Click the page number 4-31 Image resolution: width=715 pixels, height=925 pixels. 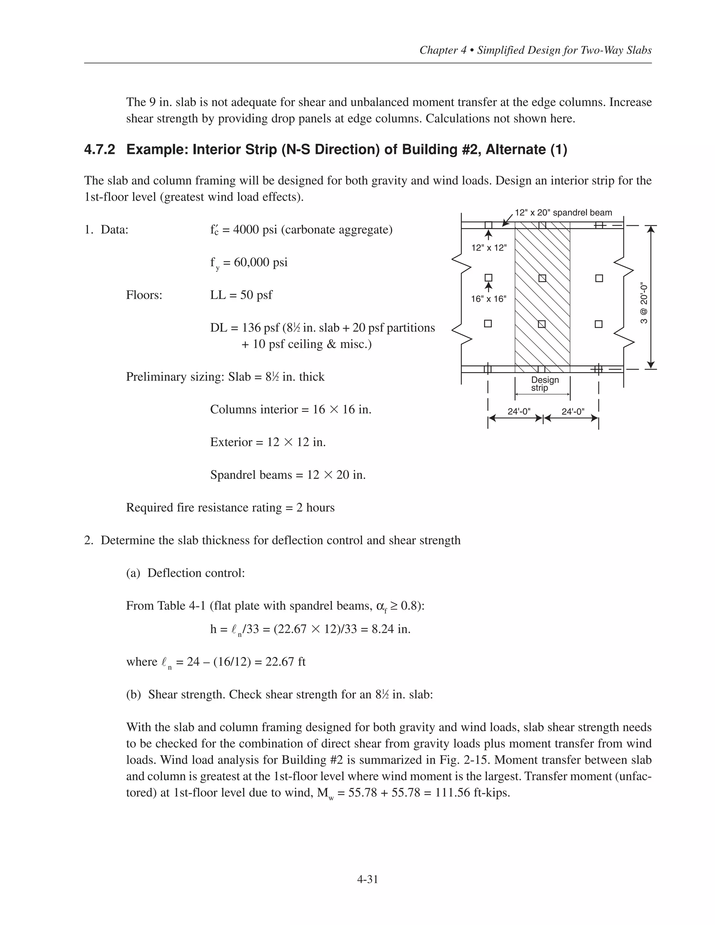(367, 879)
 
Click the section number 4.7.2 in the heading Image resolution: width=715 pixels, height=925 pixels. (99, 149)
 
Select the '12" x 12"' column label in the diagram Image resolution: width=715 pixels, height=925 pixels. (489, 248)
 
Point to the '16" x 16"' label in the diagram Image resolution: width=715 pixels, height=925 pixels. (488, 299)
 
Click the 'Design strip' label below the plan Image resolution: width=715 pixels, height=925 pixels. (544, 384)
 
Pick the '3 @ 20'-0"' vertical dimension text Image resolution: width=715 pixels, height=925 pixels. (643, 303)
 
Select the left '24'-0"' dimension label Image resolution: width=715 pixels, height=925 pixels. (519, 411)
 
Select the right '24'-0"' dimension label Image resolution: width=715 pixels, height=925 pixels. (573, 411)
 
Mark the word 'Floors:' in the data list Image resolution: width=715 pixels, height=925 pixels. (144, 295)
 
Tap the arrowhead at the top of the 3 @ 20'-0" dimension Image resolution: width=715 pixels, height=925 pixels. (651, 229)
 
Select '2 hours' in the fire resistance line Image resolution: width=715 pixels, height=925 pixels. (315, 508)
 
